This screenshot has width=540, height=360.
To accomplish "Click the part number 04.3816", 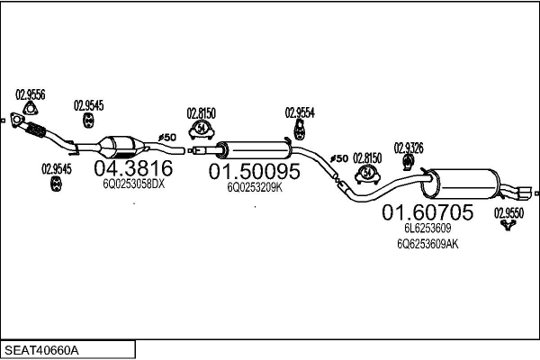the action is (x=133, y=168).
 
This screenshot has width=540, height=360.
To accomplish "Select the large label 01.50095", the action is (x=255, y=171).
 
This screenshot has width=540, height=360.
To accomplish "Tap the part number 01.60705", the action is (x=427, y=212).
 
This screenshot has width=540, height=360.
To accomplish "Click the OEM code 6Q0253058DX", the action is (x=133, y=184).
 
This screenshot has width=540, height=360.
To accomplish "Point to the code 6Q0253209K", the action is (x=255, y=187).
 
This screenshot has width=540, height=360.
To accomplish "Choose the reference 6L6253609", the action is (x=427, y=228).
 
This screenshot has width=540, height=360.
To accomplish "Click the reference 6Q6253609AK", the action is (x=427, y=244).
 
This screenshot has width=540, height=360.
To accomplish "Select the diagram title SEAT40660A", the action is (x=41, y=350).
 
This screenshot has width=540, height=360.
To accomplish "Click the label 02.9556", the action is (x=31, y=94).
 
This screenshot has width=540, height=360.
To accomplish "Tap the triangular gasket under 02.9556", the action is (x=31, y=109).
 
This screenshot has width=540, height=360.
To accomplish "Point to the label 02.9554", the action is (x=300, y=113).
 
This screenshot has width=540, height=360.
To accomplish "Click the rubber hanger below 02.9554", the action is (x=300, y=130).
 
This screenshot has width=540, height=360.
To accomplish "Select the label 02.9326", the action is (x=409, y=148).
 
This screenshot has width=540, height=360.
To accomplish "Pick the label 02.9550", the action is (x=508, y=213).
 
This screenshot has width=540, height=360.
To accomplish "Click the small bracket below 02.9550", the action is (x=508, y=226).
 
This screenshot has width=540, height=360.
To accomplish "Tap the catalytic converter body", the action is (x=121, y=148).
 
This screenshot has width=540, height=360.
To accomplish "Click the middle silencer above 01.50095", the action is (x=255, y=150).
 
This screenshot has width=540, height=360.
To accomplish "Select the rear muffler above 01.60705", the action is (x=461, y=184).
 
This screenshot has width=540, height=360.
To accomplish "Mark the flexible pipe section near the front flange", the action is (x=36, y=130).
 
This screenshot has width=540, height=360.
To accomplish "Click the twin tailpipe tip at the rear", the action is (x=523, y=193).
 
